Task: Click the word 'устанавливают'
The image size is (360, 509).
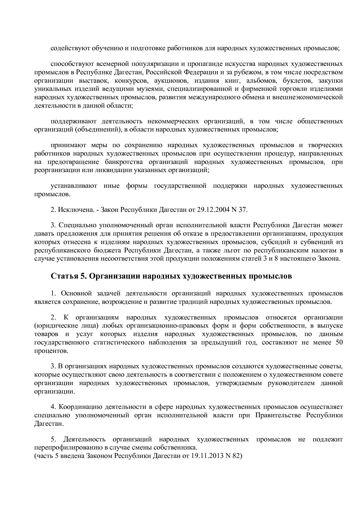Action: tap(74, 186)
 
